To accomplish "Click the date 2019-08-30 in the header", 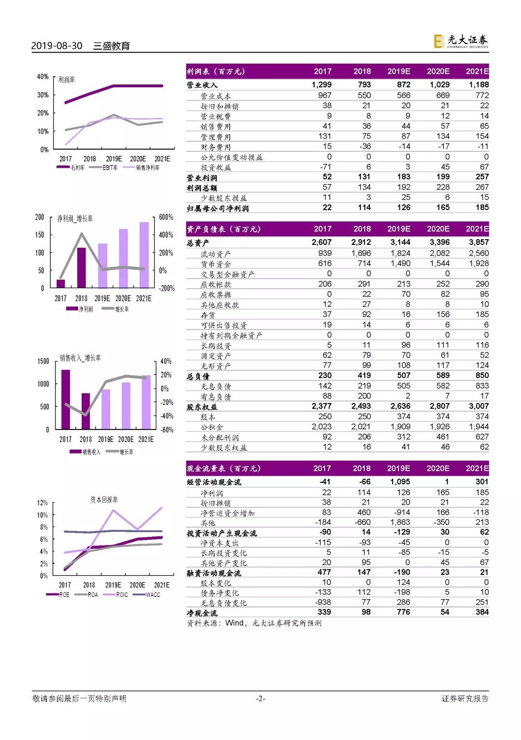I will tap(56, 46).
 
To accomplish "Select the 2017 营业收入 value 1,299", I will tap(321, 84).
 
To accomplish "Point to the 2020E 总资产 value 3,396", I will tap(439, 242).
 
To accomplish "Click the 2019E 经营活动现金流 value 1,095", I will tap(400, 482).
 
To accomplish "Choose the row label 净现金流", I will tap(202, 613).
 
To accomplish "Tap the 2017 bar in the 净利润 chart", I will tap(61, 283).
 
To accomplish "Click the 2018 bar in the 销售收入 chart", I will tap(86, 411).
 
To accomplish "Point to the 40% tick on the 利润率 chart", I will tap(43, 77).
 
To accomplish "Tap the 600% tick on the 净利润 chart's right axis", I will tap(166, 217).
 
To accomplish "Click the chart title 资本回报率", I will tap(104, 499).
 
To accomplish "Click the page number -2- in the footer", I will tap(260, 699).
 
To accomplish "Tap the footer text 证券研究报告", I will tap(465, 699).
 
